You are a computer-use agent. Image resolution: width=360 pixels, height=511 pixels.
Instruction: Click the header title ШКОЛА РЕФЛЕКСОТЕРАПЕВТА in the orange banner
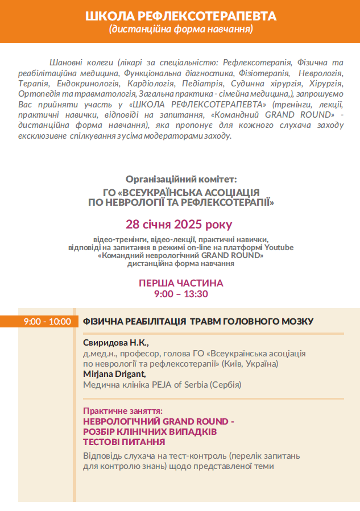(x=180, y=16)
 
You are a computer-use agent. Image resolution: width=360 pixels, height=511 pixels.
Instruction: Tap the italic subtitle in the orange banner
(x=180, y=29)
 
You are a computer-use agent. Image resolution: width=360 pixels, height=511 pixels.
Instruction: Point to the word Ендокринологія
(x=92, y=83)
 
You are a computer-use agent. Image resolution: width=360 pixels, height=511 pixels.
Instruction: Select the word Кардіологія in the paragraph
(x=152, y=83)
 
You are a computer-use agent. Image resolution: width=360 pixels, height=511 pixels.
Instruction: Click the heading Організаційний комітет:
(x=181, y=179)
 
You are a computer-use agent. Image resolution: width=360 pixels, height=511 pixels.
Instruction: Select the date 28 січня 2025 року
(x=179, y=223)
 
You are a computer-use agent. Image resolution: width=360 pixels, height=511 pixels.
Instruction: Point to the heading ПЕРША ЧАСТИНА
(x=181, y=283)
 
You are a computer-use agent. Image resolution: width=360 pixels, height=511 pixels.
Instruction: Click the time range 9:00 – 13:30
(x=181, y=294)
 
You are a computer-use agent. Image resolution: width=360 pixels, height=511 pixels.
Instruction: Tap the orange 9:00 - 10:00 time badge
(x=47, y=322)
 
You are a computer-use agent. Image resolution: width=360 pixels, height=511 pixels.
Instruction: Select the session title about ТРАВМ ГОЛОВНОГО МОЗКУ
(x=198, y=322)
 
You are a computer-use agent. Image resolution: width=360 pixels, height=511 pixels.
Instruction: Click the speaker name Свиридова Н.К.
(x=115, y=343)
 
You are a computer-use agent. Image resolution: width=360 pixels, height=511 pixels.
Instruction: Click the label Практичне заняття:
(x=123, y=410)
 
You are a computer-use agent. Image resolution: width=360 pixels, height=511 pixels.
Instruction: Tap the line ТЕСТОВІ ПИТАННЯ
(x=124, y=442)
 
